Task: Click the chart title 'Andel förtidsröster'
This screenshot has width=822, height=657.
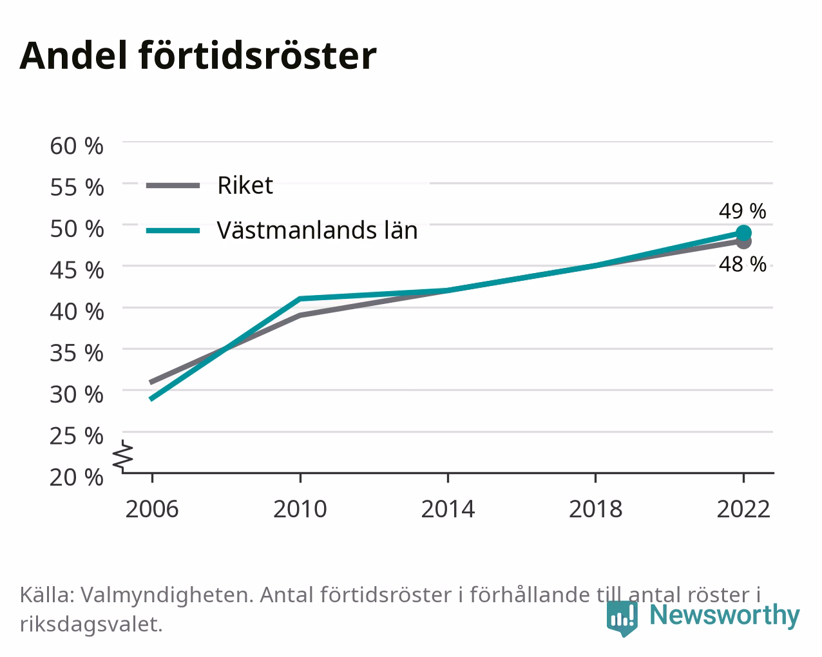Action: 198,56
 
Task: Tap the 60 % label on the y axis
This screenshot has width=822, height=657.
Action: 77,146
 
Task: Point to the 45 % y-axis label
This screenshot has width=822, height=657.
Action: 77,270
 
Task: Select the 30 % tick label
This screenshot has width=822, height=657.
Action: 77,394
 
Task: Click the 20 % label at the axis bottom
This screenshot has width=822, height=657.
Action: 77,477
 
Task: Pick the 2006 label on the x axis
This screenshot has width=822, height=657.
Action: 152,509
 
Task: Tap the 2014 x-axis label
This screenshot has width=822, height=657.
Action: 448,509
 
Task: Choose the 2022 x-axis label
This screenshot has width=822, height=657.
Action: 743,509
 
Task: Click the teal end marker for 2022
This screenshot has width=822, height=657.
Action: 743,233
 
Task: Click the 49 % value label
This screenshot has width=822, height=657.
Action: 743,211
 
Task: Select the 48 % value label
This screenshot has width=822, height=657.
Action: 743,264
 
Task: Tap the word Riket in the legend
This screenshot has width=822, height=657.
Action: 245,186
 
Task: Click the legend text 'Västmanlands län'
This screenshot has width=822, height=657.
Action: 318,231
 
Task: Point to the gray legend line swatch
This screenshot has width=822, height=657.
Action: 173,186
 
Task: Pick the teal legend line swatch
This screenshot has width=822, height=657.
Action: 173,231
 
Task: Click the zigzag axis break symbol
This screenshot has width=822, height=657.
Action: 122,455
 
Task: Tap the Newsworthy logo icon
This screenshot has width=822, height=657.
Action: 622,618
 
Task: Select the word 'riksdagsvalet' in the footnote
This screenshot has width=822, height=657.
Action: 91,625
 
